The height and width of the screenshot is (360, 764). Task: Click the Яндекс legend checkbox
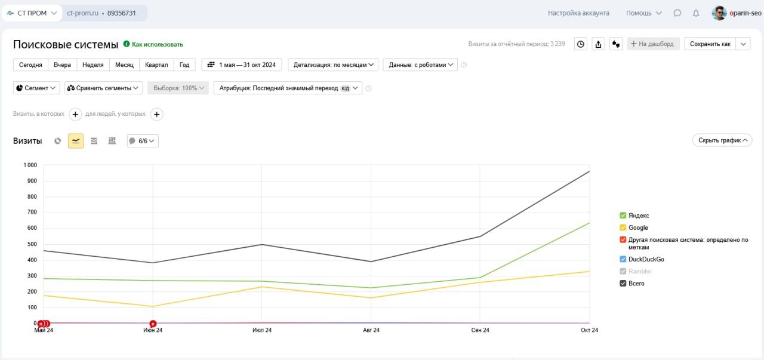(x=623, y=216)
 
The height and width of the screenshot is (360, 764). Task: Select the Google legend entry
(x=638, y=227)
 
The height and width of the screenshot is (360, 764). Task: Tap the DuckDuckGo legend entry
(x=646, y=260)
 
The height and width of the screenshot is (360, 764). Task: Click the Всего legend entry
(x=636, y=284)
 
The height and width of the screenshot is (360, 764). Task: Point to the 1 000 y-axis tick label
(x=30, y=165)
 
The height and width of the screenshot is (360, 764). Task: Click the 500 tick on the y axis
(x=32, y=244)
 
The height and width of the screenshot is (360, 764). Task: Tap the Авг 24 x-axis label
(x=371, y=330)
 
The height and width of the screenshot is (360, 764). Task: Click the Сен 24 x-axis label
(x=480, y=330)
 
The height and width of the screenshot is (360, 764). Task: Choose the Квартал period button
(x=156, y=64)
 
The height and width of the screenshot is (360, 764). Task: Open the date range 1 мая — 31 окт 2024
(x=242, y=64)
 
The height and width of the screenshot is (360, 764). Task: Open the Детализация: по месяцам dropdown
(x=333, y=64)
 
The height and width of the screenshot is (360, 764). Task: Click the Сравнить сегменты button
(x=103, y=88)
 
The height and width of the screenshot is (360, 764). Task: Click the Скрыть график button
(x=722, y=140)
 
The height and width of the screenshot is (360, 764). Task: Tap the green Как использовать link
(x=157, y=44)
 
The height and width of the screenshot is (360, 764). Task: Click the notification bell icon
(x=695, y=13)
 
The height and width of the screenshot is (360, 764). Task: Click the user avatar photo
(x=719, y=13)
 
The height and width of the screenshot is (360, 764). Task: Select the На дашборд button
(x=652, y=44)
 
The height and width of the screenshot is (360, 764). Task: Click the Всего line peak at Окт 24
(x=589, y=171)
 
